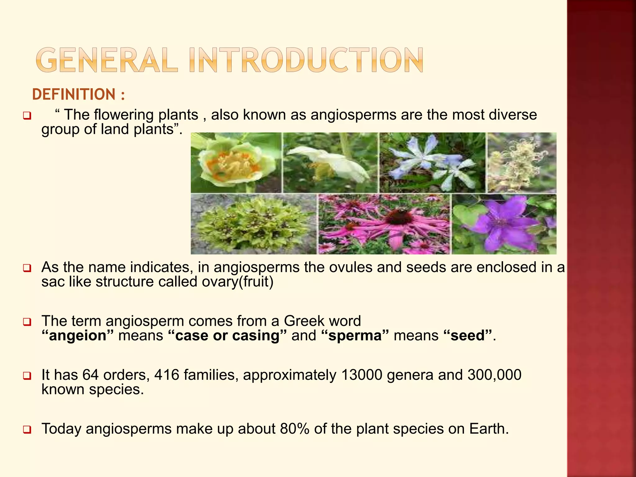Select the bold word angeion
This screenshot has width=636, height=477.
78,336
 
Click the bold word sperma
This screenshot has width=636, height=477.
355,336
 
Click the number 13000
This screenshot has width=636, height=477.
361,375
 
